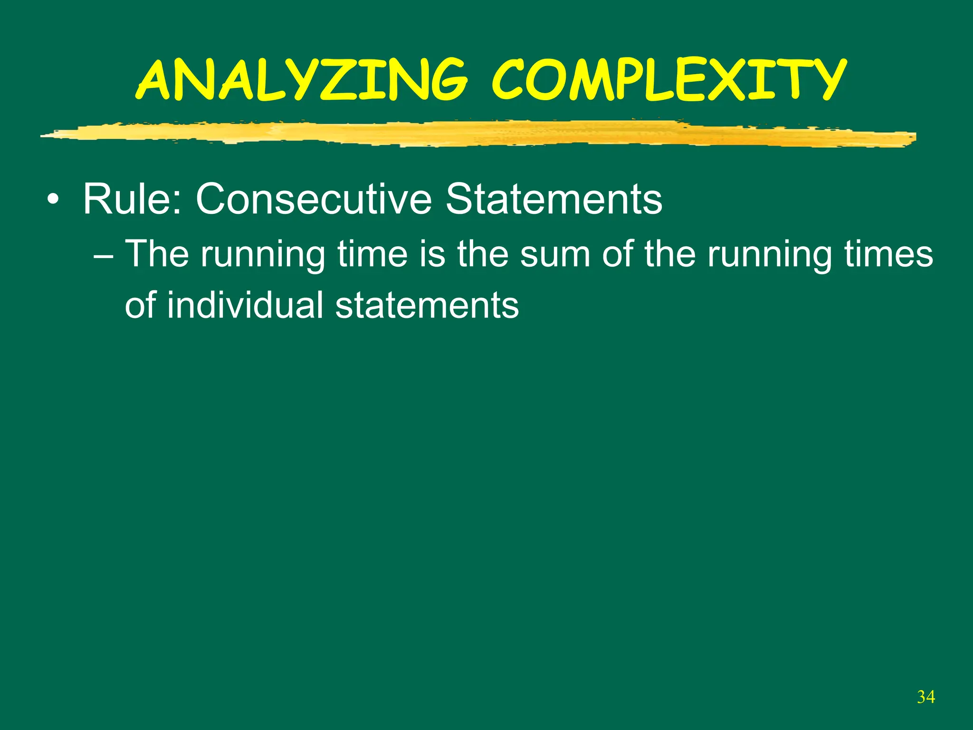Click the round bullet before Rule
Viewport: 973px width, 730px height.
[x=54, y=200]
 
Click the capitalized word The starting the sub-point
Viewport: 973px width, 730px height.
[x=157, y=254]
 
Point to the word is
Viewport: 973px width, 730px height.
[x=432, y=254]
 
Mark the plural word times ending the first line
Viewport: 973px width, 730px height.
[x=888, y=254]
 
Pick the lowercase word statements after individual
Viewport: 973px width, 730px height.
[x=427, y=305]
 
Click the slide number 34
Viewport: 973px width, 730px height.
[x=926, y=697]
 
